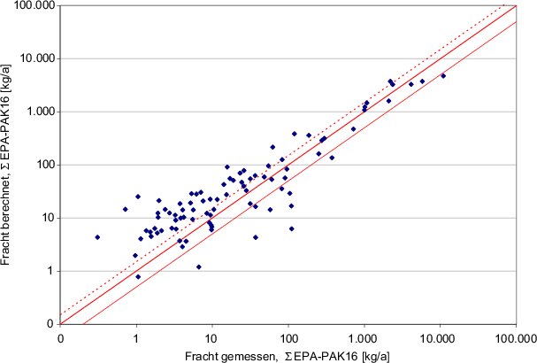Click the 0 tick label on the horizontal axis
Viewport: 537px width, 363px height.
point(60,337)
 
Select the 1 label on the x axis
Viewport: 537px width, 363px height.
point(136,337)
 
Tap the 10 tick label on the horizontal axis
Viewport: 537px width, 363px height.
point(211,337)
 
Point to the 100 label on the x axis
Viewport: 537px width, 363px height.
point(288,337)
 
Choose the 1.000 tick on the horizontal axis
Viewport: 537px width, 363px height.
point(364,337)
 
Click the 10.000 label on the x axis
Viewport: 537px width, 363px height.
point(440,337)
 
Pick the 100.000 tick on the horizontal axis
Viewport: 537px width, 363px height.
point(516,337)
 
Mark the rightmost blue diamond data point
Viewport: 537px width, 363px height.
point(443,76)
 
